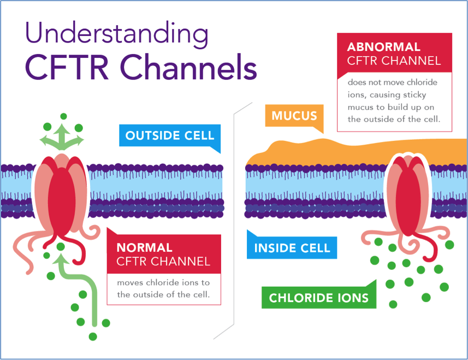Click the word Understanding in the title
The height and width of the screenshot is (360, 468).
point(117,34)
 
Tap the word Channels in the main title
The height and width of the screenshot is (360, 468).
point(188,67)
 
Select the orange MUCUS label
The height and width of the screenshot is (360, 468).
point(294,116)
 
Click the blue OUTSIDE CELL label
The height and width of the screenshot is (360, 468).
point(170,135)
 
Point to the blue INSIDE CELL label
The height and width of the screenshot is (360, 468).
point(292,248)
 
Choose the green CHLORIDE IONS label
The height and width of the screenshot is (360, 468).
point(319,298)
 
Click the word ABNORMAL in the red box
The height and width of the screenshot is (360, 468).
point(383,47)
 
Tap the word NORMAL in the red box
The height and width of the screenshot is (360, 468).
point(145,247)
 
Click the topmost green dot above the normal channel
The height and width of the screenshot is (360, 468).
point(63,116)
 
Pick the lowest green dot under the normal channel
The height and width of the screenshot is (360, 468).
point(93,337)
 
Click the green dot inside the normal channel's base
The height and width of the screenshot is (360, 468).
point(61,246)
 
